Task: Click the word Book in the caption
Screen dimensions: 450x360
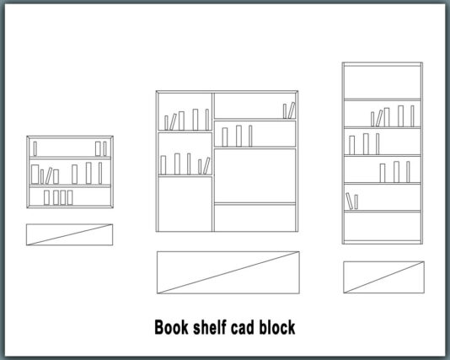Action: click(171, 327)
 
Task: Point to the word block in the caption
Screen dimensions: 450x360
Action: click(277, 327)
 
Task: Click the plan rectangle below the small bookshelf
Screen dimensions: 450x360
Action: click(69, 234)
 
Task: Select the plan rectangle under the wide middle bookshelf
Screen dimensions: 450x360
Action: click(228, 272)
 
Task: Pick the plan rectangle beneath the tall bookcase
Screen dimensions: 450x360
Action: click(383, 277)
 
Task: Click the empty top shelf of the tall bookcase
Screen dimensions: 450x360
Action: click(383, 82)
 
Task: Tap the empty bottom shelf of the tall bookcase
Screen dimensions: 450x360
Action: click(383, 226)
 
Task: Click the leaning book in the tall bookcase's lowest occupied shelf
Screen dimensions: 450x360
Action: click(349, 201)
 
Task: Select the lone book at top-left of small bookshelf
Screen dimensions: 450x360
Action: click(35, 148)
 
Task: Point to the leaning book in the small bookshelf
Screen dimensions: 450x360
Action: click(49, 175)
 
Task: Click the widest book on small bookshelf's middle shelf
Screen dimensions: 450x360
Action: click(35, 174)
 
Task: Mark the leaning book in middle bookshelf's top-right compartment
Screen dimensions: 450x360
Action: click(292, 110)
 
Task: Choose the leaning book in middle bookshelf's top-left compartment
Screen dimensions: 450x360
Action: click(173, 121)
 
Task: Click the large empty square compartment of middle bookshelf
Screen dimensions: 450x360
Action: click(254, 175)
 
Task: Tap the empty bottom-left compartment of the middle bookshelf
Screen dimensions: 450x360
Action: click(185, 204)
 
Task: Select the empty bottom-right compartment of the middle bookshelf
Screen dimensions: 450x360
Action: click(254, 218)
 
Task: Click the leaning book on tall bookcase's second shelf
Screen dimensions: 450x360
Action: click(379, 118)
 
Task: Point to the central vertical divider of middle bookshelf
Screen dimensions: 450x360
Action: click(213, 162)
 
